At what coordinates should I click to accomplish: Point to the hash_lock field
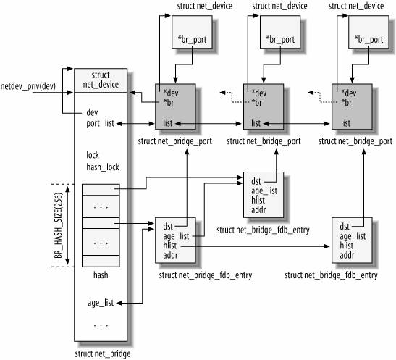[x=101, y=167]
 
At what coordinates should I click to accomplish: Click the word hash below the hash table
[x=101, y=276]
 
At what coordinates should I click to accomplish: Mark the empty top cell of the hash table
[x=101, y=190]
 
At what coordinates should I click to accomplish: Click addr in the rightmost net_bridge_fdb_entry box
[x=347, y=255]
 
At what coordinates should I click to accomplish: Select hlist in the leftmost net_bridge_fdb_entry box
[x=172, y=245]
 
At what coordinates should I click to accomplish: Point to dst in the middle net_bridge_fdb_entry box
[x=256, y=181]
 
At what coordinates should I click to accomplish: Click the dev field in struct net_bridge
[x=92, y=112]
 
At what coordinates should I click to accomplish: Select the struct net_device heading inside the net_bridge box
[x=101, y=80]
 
